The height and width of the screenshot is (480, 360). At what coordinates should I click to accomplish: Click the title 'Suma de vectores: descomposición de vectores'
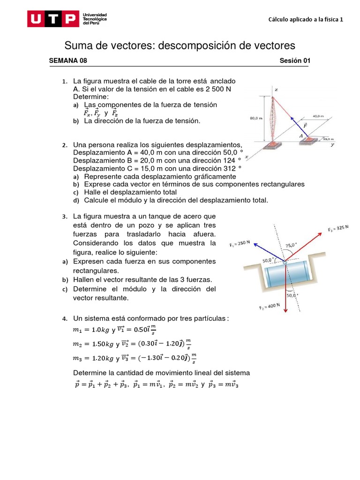tap(180, 45)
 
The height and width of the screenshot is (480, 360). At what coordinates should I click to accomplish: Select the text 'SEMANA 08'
tap(68, 60)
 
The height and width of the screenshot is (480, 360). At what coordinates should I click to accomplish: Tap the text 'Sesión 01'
tap(295, 60)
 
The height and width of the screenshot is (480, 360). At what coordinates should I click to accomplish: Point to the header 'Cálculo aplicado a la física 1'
tap(306, 19)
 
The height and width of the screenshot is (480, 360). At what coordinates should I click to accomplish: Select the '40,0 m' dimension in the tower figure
tap(318, 116)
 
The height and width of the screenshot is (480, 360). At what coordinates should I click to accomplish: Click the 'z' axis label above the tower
tap(276, 89)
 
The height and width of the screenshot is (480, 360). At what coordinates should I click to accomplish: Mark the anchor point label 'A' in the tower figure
tap(301, 135)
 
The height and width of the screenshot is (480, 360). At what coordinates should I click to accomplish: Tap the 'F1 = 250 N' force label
tap(240, 244)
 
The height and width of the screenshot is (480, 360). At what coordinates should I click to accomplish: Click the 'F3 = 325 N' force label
tap(338, 228)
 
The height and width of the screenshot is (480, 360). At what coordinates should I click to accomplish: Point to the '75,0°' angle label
tap(291, 245)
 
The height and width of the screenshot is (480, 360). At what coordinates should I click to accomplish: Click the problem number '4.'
tap(65, 319)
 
